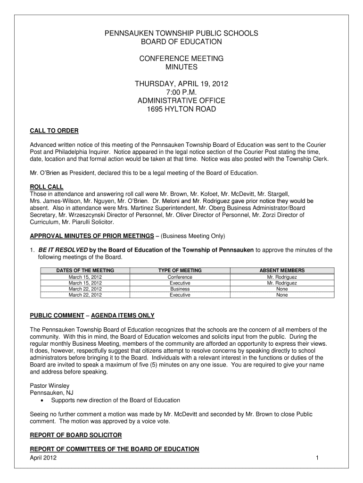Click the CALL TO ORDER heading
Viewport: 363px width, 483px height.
point(54,131)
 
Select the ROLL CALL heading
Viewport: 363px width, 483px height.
point(47,187)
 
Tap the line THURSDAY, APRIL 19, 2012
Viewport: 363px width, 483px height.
point(181,84)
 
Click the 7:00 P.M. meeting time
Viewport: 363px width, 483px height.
point(181,92)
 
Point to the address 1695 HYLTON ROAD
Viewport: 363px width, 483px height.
point(181,109)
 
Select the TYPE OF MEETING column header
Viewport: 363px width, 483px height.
point(180,271)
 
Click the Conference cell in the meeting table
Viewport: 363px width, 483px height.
point(180,277)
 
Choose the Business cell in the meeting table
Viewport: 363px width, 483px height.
point(180,289)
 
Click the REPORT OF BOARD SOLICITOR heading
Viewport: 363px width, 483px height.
point(76,434)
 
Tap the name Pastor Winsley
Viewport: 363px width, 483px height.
point(49,385)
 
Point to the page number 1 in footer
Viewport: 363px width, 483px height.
point(318,458)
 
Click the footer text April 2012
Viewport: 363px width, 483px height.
point(43,458)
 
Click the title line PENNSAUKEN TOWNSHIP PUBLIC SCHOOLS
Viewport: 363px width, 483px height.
point(181,33)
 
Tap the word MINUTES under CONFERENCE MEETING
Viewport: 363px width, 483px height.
point(181,67)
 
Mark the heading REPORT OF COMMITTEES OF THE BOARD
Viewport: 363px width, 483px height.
point(115,449)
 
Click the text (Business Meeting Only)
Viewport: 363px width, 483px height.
point(192,235)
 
